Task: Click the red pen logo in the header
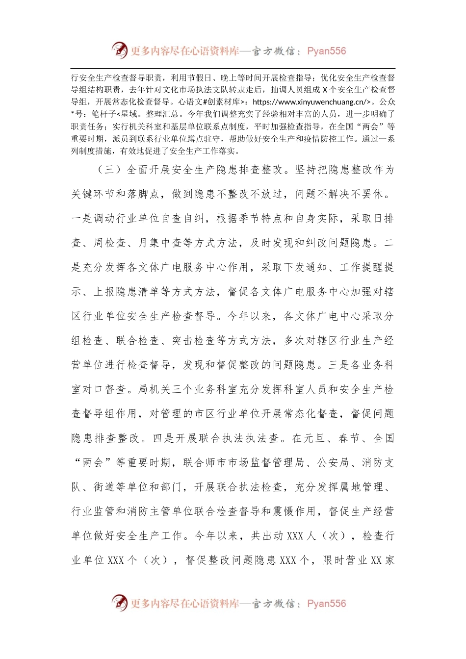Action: [120, 51]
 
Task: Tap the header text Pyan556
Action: [326, 51]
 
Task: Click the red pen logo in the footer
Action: [120, 603]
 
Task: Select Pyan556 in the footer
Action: [326, 604]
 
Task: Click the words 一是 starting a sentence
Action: [82, 219]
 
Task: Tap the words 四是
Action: [164, 438]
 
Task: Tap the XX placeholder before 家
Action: [376, 560]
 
